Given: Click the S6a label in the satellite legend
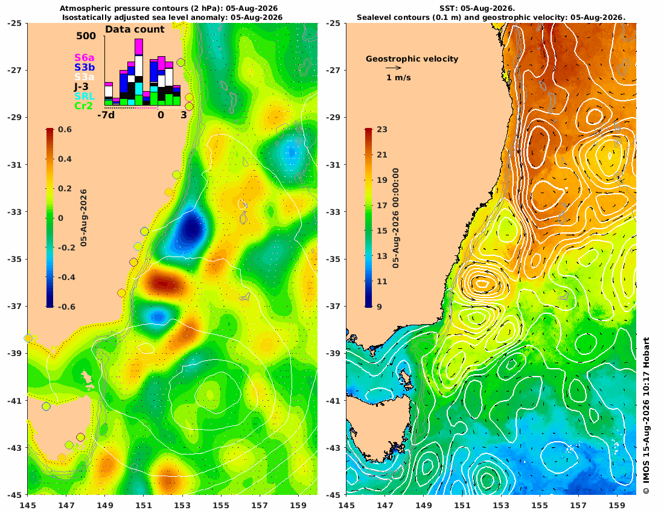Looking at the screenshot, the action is [x=85, y=57].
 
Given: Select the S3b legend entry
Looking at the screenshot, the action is [x=85, y=68].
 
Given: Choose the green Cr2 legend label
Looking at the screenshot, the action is [x=83, y=106].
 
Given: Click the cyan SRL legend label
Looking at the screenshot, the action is [x=85, y=97].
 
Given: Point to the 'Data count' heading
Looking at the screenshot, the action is [x=135, y=30].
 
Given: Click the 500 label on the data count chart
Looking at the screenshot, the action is [x=86, y=36].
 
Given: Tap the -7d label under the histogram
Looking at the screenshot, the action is [x=106, y=115].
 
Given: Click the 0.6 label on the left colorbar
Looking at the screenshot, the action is [x=65, y=130].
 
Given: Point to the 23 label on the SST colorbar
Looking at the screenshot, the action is [x=382, y=130].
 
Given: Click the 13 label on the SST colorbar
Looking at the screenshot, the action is [x=382, y=256].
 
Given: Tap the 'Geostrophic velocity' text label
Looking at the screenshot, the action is [x=412, y=59].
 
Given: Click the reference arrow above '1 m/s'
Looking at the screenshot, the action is [x=394, y=68].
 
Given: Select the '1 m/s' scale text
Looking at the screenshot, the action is [x=398, y=77].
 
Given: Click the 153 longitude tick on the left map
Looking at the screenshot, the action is [x=182, y=505].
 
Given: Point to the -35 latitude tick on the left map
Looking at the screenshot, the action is [x=16, y=259].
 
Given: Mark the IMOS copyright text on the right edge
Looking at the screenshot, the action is [x=646, y=416].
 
